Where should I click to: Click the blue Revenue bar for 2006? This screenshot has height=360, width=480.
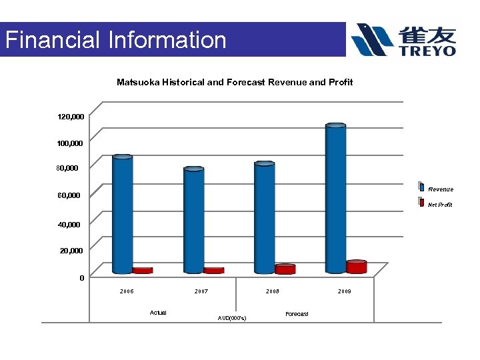pos(123,213)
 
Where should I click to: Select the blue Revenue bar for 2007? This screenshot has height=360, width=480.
pos(194,220)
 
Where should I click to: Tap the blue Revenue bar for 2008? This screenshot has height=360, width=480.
pos(265,217)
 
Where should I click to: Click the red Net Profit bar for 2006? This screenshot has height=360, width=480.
pos(142,271)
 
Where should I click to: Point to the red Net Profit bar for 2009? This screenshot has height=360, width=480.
pos(357,267)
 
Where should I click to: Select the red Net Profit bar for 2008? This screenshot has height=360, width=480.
pos(285,269)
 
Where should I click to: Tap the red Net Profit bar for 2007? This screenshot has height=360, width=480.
pos(213,271)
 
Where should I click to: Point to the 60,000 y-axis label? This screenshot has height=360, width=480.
pos(69,195)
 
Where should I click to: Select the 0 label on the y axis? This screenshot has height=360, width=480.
pos(81,278)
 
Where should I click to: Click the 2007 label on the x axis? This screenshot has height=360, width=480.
pos(201,292)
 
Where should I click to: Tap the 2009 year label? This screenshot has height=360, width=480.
pos(344,292)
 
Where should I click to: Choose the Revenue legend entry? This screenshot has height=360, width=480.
pos(440,189)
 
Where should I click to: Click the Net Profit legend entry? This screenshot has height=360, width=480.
pos(440,205)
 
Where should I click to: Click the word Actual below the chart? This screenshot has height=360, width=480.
pos(159,313)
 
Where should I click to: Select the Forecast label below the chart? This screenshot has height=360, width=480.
pos(297,314)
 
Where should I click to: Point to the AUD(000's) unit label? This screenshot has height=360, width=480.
pos(232,318)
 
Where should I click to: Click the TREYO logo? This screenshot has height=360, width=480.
pos(404,40)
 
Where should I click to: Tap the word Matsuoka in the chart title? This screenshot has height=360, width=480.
pos(138,82)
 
